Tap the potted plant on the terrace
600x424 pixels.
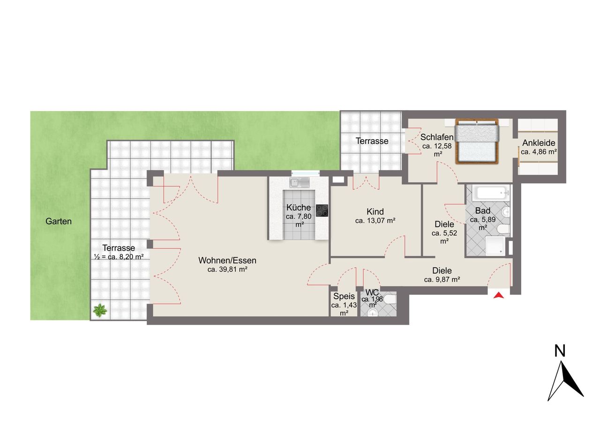point(100,310)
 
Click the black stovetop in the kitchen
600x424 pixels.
point(322,210)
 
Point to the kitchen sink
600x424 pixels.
point(300,182)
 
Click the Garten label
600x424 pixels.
point(59,221)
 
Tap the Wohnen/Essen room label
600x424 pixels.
point(227,260)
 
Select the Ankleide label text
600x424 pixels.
point(539,143)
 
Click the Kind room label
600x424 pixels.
point(375,212)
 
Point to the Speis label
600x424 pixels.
point(344,296)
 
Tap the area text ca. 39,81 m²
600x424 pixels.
point(227,269)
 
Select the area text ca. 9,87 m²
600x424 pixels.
point(442,280)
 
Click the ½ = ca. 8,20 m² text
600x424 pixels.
point(119,257)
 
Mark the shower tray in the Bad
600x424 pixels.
point(495,245)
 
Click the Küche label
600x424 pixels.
point(299,208)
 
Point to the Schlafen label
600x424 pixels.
point(437,137)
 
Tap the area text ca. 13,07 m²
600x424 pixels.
point(375,221)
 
